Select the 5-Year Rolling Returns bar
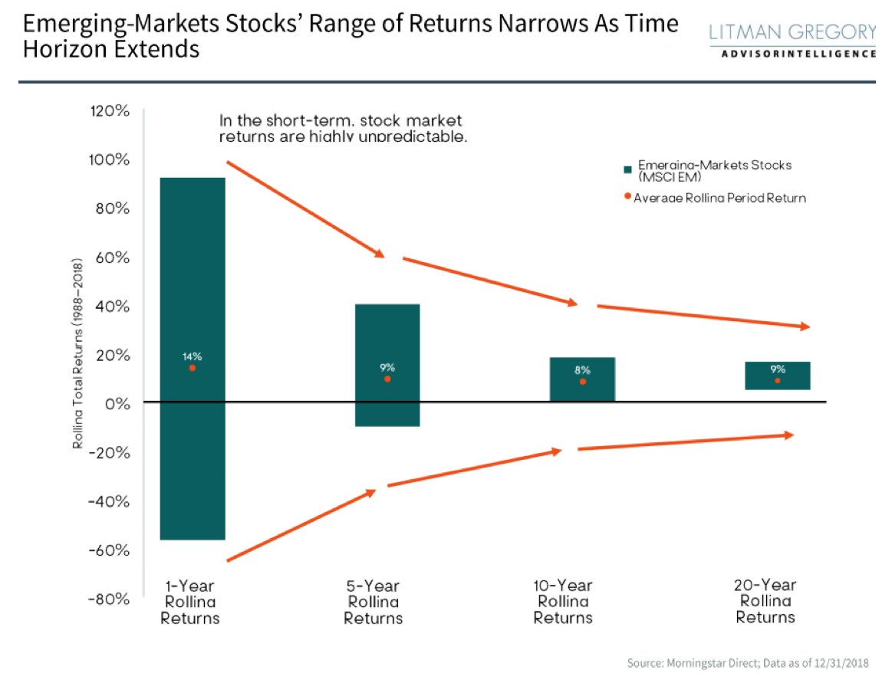[x=387, y=337]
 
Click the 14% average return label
[x=192, y=356]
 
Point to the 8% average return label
[x=582, y=370]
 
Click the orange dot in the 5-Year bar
[x=387, y=379]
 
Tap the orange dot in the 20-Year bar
[x=778, y=381]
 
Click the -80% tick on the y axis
[x=109, y=599]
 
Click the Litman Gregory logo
[x=792, y=38]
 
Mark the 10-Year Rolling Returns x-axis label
[x=563, y=602]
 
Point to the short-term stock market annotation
[x=343, y=129]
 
